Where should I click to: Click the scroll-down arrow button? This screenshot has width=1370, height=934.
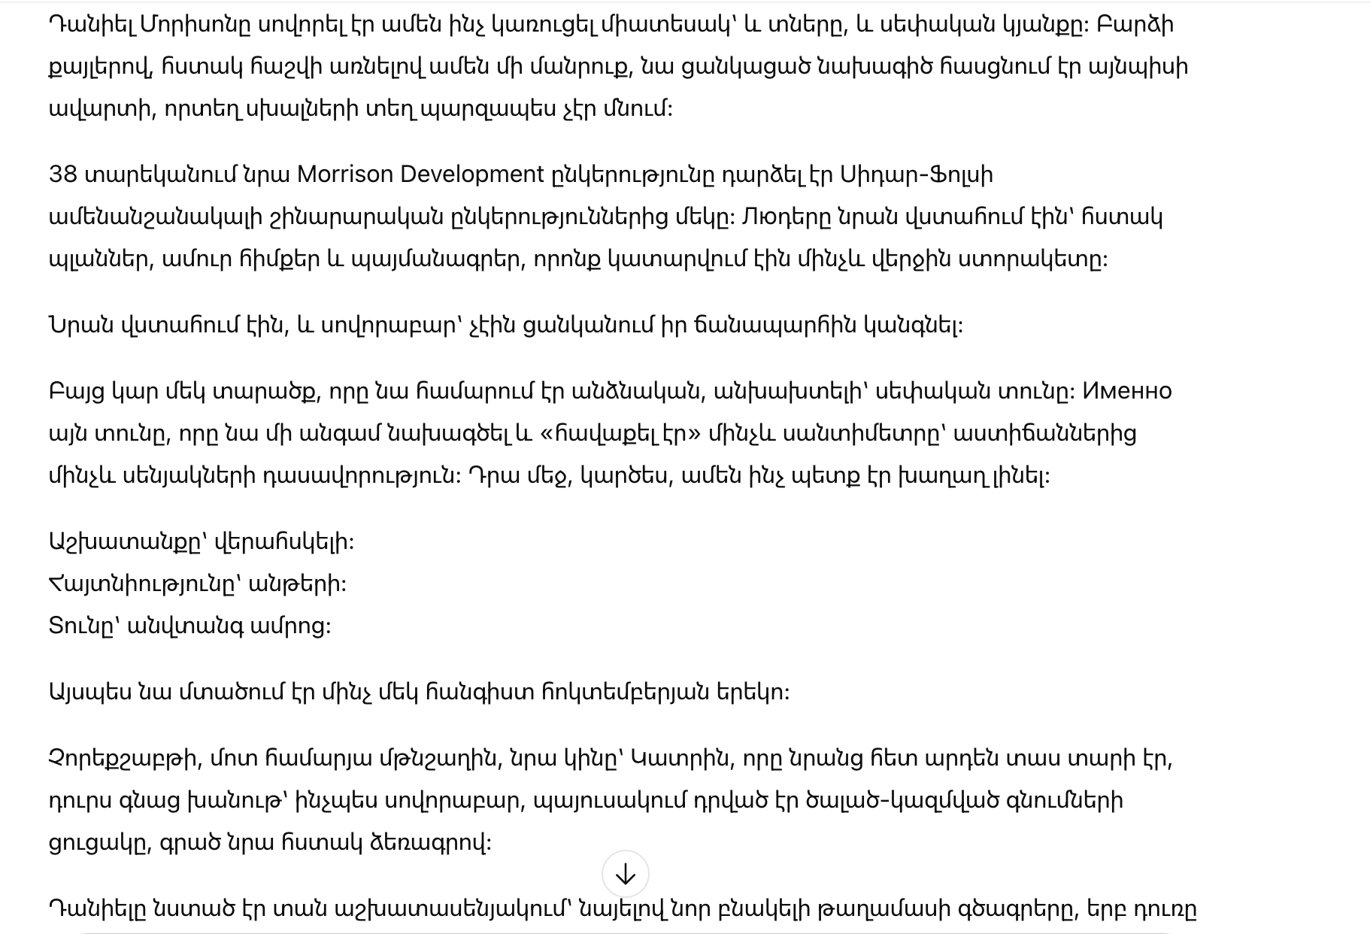pos(625,875)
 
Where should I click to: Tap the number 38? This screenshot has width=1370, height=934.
pos(63,174)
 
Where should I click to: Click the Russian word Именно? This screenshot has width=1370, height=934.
pos(1126,391)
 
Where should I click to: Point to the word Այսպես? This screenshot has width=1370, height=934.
pos(89,692)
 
